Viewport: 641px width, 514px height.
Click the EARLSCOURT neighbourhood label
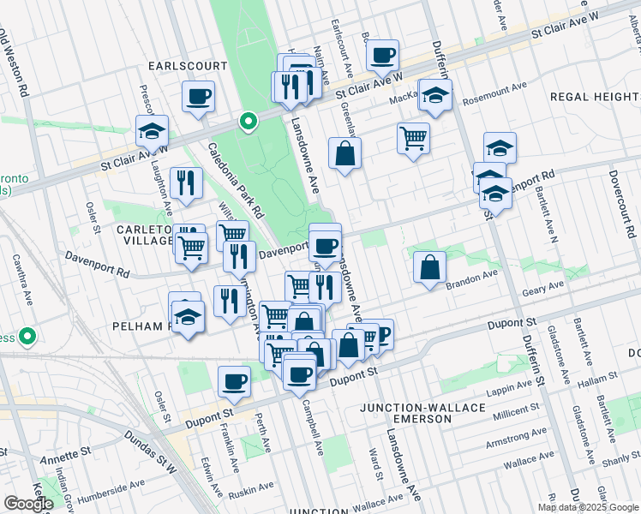[187, 66]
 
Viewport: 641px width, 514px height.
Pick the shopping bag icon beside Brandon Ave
[429, 266]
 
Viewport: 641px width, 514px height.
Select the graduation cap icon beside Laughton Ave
[152, 131]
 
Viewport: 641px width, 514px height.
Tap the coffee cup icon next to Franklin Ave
[234, 381]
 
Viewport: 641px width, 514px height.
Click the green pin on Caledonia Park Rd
[249, 123]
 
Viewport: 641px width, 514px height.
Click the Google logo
[28, 504]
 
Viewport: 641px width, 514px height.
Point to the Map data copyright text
[589, 507]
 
